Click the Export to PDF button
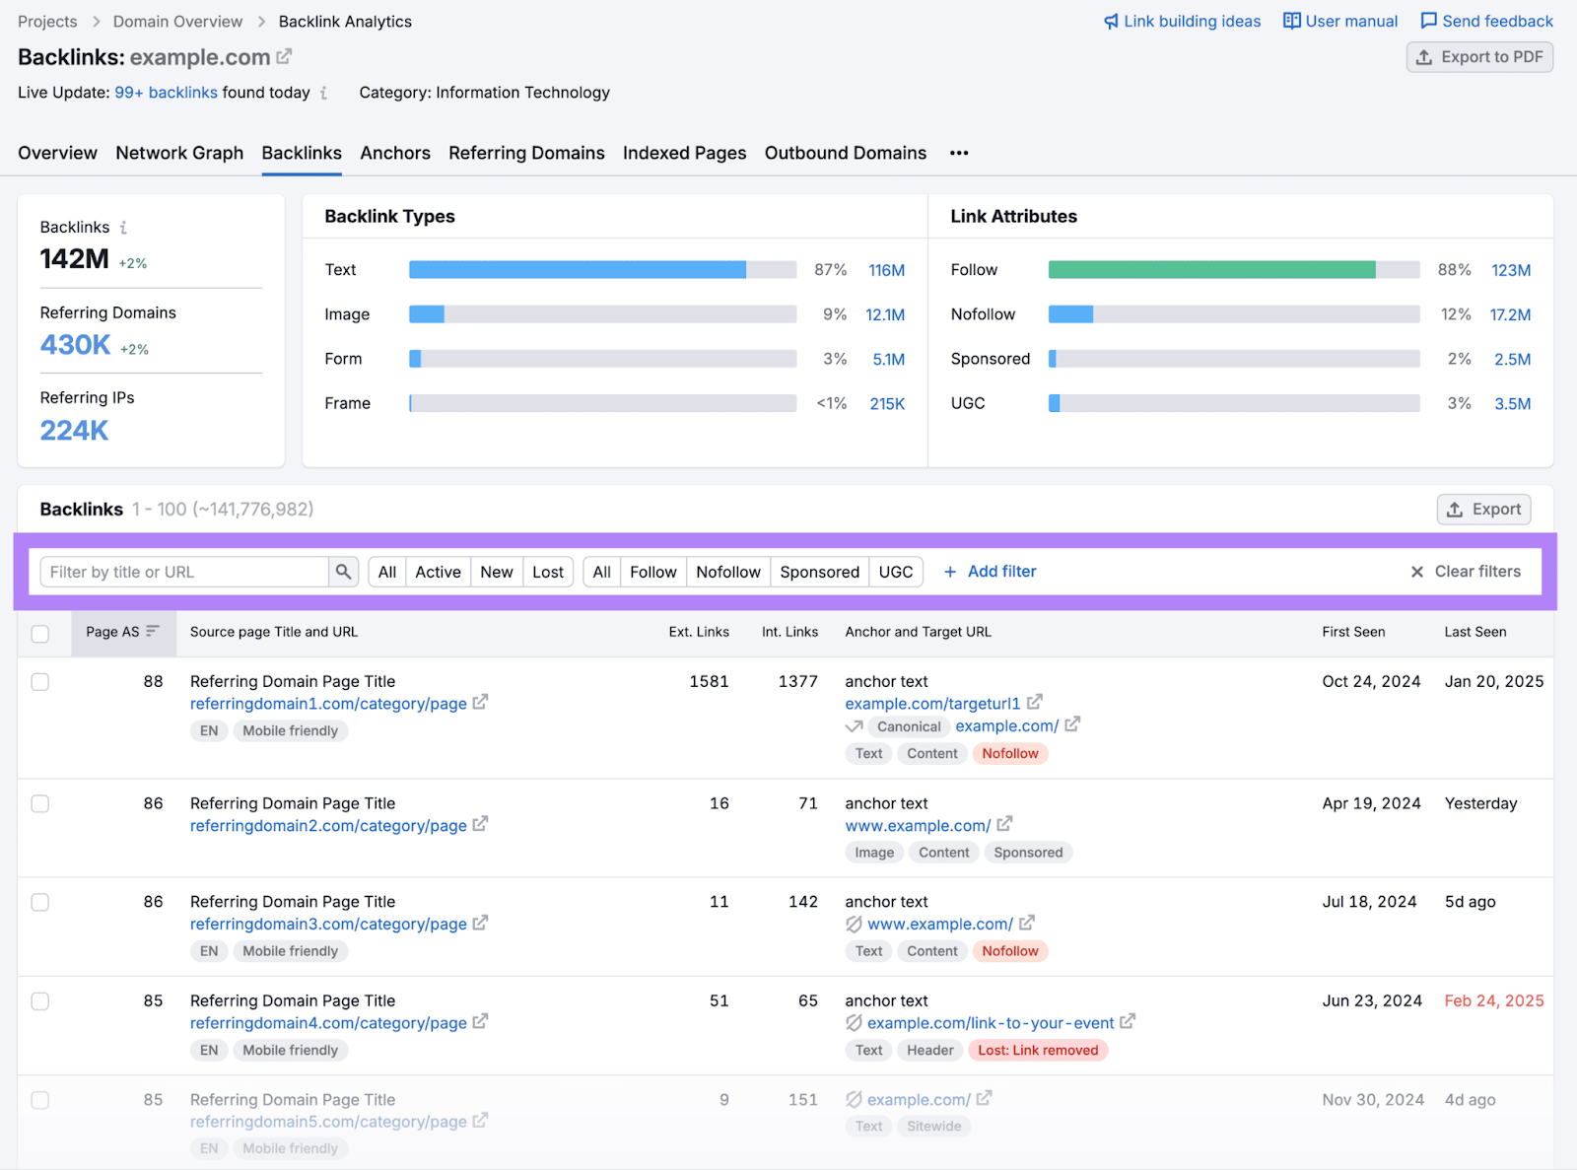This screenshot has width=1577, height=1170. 1479,57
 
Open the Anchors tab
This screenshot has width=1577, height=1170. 394,153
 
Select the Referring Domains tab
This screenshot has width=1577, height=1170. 526,153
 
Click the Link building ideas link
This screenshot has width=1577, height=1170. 1182,21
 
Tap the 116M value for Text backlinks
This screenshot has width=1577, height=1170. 886,270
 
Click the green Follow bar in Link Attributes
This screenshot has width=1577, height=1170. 1211,270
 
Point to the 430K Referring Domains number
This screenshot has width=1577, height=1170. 75,345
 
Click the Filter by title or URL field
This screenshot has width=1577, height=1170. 184,572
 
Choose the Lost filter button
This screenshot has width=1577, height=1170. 547,572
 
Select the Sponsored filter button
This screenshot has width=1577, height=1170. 819,572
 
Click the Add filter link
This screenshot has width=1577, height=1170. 991,572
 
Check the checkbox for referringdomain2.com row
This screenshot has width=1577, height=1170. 40,803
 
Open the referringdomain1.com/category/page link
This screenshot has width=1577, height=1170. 328,704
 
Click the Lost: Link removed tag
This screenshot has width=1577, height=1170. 1038,1050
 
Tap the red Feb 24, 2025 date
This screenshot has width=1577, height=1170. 1493,1000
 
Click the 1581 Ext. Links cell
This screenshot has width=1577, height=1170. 709,681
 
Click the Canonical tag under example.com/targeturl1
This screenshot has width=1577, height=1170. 908,726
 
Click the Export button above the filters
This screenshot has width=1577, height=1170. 1483,509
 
